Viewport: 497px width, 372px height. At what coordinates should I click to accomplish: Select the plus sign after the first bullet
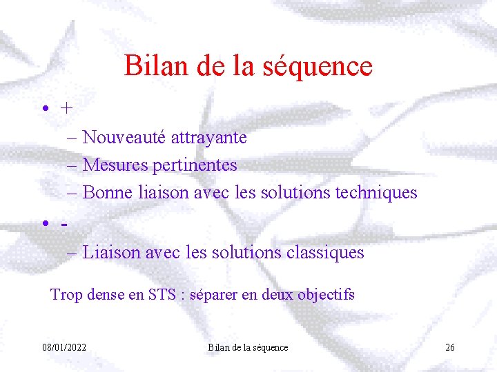pos(66,108)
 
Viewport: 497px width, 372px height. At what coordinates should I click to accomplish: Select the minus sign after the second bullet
pos(65,225)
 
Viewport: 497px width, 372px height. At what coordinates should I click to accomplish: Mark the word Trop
pos(66,296)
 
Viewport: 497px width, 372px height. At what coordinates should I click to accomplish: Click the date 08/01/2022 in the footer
pos(64,347)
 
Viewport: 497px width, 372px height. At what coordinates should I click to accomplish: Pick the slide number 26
pos(449,347)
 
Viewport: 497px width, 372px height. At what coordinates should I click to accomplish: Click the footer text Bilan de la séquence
pos(248,347)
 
